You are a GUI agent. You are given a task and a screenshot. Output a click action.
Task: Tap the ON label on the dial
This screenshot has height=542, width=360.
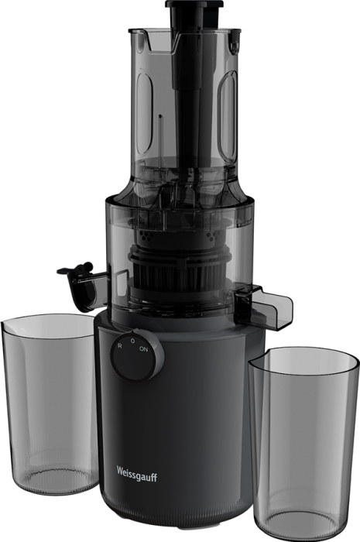143,349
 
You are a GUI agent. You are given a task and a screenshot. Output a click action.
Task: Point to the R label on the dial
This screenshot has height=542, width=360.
119,345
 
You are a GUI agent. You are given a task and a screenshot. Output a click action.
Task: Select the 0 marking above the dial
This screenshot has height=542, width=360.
132,341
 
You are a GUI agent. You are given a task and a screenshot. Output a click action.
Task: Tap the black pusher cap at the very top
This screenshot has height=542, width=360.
194,5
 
